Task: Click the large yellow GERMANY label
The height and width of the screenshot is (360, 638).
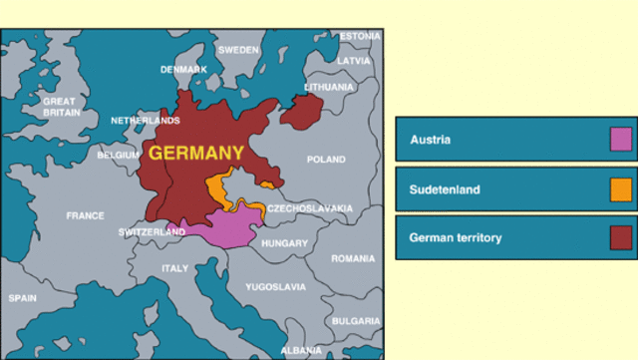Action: coord(196,154)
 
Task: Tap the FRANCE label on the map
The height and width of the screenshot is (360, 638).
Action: coord(85,215)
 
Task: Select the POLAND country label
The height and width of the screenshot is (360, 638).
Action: coord(326,160)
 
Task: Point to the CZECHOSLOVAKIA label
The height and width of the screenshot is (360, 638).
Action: coord(309,208)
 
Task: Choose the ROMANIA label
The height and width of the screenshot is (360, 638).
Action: coord(353,258)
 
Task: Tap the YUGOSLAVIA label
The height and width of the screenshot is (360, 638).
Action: coord(276,287)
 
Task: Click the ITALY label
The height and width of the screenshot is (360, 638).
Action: coord(174,268)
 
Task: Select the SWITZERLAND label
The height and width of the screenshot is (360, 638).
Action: coord(152,232)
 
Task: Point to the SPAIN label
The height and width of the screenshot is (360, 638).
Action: coord(23,298)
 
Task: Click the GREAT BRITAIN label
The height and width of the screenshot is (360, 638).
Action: coord(59,107)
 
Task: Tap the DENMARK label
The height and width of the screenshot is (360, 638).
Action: coord(184,70)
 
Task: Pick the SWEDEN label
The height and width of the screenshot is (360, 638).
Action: coord(238,50)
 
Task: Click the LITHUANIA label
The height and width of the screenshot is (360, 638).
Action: coord(329,87)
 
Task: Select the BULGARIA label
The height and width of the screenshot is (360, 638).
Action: coord(356,321)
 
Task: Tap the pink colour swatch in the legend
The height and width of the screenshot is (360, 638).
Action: coord(621,140)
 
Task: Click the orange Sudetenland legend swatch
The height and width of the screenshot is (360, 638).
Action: coord(621,188)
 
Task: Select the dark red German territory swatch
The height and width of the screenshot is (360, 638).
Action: coord(621,237)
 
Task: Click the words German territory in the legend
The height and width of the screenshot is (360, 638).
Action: coord(456,238)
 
